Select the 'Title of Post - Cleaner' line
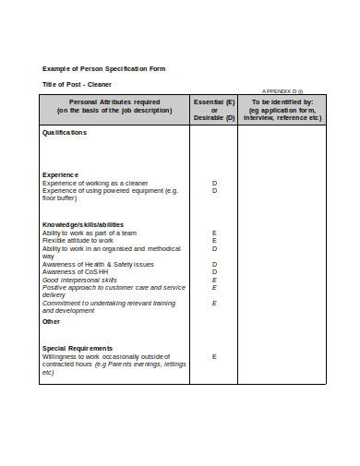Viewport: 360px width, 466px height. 78,84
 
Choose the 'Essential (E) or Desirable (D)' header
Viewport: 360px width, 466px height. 214,110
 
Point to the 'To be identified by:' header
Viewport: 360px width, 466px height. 282,102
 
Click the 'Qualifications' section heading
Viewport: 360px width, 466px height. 65,133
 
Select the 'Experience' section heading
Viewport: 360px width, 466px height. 60,174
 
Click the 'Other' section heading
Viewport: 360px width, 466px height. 51,322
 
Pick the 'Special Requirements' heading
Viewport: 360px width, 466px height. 78,348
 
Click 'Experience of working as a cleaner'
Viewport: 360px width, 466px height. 95,183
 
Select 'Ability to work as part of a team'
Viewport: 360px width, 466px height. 90,233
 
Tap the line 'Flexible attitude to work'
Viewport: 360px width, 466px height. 78,241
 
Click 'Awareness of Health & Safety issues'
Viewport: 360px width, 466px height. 98,264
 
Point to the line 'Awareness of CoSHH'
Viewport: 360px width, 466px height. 70,271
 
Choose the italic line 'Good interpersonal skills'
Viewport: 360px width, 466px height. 79,280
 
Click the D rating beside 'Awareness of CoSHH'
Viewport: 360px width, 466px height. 214,271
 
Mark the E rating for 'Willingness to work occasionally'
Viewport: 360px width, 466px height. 214,356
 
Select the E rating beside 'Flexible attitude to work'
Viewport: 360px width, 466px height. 214,241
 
